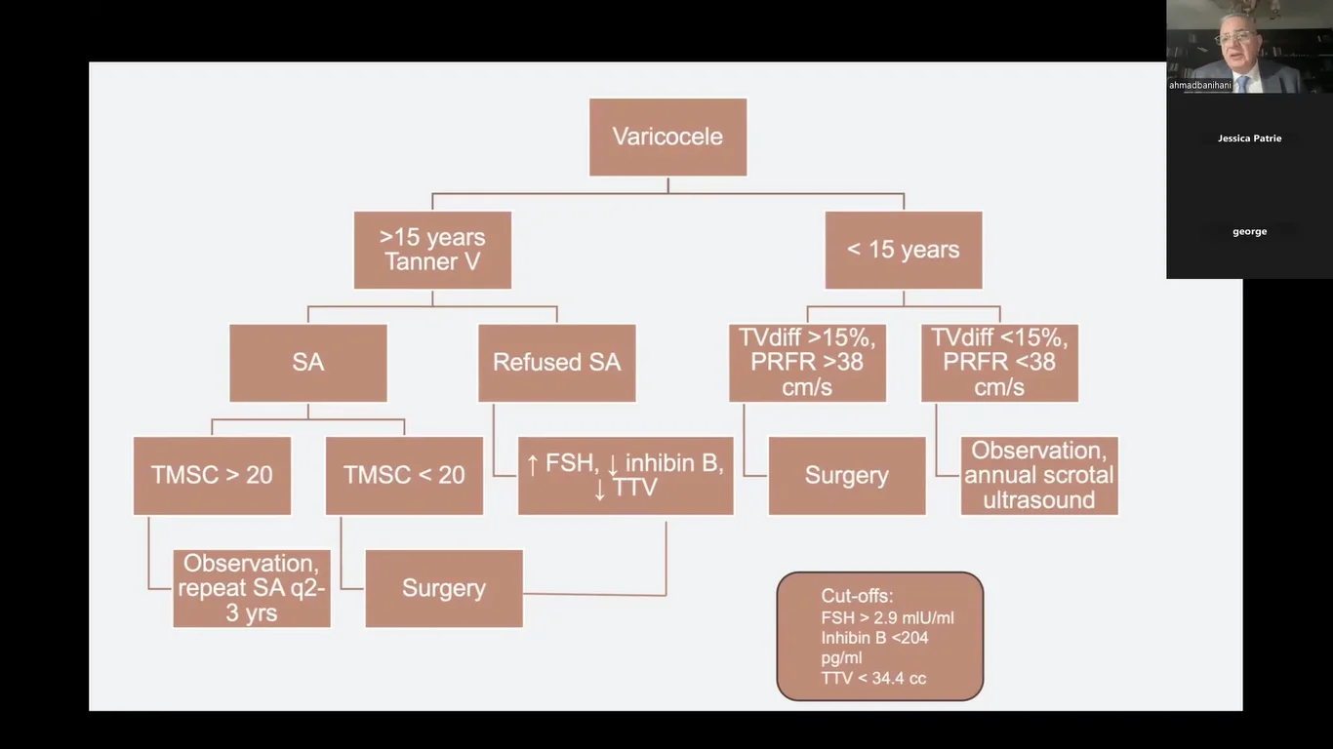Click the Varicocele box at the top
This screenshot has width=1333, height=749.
[x=667, y=137]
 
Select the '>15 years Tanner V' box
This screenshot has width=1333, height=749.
[x=432, y=250]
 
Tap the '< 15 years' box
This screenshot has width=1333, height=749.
[x=903, y=250]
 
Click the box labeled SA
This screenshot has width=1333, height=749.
[x=307, y=363]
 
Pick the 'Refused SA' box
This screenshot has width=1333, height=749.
[x=556, y=363]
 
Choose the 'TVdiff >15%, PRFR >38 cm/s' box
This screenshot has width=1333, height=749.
[x=807, y=363]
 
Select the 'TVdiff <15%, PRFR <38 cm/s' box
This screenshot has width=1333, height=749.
[x=999, y=363]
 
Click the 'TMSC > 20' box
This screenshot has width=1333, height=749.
[x=212, y=475]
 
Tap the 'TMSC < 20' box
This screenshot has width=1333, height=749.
[x=404, y=475]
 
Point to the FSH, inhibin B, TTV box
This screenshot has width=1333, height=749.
[x=625, y=475]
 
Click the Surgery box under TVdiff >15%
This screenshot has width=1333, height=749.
[x=846, y=475]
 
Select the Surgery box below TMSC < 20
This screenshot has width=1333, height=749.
[x=443, y=588]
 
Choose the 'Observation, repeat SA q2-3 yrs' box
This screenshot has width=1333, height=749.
[x=251, y=588]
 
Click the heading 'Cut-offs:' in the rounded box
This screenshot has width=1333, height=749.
[x=857, y=596]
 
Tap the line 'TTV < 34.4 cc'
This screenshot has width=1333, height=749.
[x=873, y=678]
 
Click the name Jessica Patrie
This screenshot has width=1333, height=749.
[x=1249, y=138]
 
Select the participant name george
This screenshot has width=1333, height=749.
[x=1249, y=232]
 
